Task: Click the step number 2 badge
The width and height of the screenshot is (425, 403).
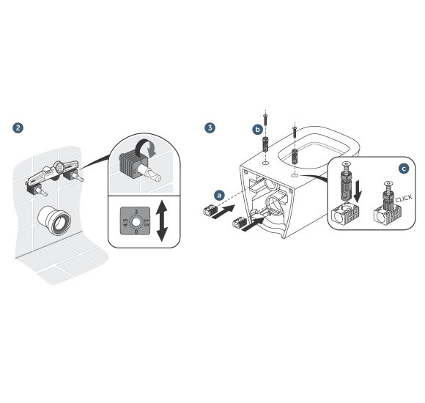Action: point(18,128)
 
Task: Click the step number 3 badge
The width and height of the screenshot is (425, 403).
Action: point(210,128)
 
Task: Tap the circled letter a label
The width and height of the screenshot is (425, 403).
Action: point(219,195)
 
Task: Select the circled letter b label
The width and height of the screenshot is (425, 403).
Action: point(257,130)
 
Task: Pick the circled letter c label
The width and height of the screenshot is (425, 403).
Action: point(404,169)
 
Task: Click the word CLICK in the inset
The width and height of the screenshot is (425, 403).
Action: point(404,199)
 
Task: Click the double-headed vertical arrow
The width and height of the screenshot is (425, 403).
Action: point(162,221)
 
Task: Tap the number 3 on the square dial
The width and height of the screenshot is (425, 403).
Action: point(136,212)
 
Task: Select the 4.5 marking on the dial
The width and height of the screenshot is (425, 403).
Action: point(125,223)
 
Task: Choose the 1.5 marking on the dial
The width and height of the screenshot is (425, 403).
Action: point(147,223)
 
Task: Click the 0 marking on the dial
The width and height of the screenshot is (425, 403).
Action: point(136,232)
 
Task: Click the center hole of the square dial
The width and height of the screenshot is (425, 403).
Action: point(136,223)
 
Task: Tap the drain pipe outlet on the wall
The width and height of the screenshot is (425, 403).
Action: point(54,220)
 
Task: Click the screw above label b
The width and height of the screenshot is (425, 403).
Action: point(265,119)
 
